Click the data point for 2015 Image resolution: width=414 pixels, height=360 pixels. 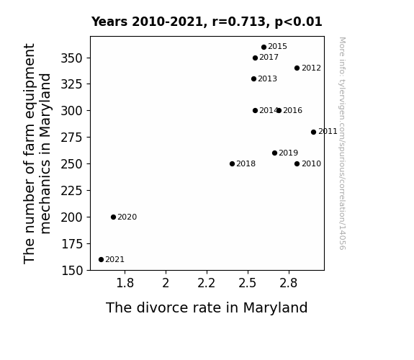click(264, 48)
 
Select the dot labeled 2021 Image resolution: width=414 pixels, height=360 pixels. click(101, 260)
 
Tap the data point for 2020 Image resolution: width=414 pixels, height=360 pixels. click(113, 217)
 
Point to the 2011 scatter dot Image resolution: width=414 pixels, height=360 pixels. click(313, 132)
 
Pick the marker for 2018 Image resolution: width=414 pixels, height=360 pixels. click(232, 163)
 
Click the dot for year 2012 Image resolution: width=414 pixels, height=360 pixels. click(297, 68)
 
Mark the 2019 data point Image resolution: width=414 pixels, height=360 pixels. click(274, 153)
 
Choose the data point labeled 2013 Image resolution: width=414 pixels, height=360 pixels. click(253, 78)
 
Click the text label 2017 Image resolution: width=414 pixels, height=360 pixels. click(269, 58)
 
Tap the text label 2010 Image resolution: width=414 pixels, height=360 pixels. click(311, 163)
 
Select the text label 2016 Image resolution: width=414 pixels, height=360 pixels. click(292, 110)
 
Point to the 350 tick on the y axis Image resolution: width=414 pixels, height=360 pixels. click(72, 58)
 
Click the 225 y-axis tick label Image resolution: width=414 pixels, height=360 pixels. click(72, 191)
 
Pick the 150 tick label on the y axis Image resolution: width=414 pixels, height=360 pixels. click(72, 271)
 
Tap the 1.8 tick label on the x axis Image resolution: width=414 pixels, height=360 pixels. click(125, 284)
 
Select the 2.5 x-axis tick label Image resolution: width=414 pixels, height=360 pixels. click(248, 284)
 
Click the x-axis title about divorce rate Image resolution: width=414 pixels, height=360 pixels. click(207, 307)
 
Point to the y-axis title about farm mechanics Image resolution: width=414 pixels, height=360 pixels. click(37, 153)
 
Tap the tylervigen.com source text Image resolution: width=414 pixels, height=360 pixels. click(342, 143)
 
